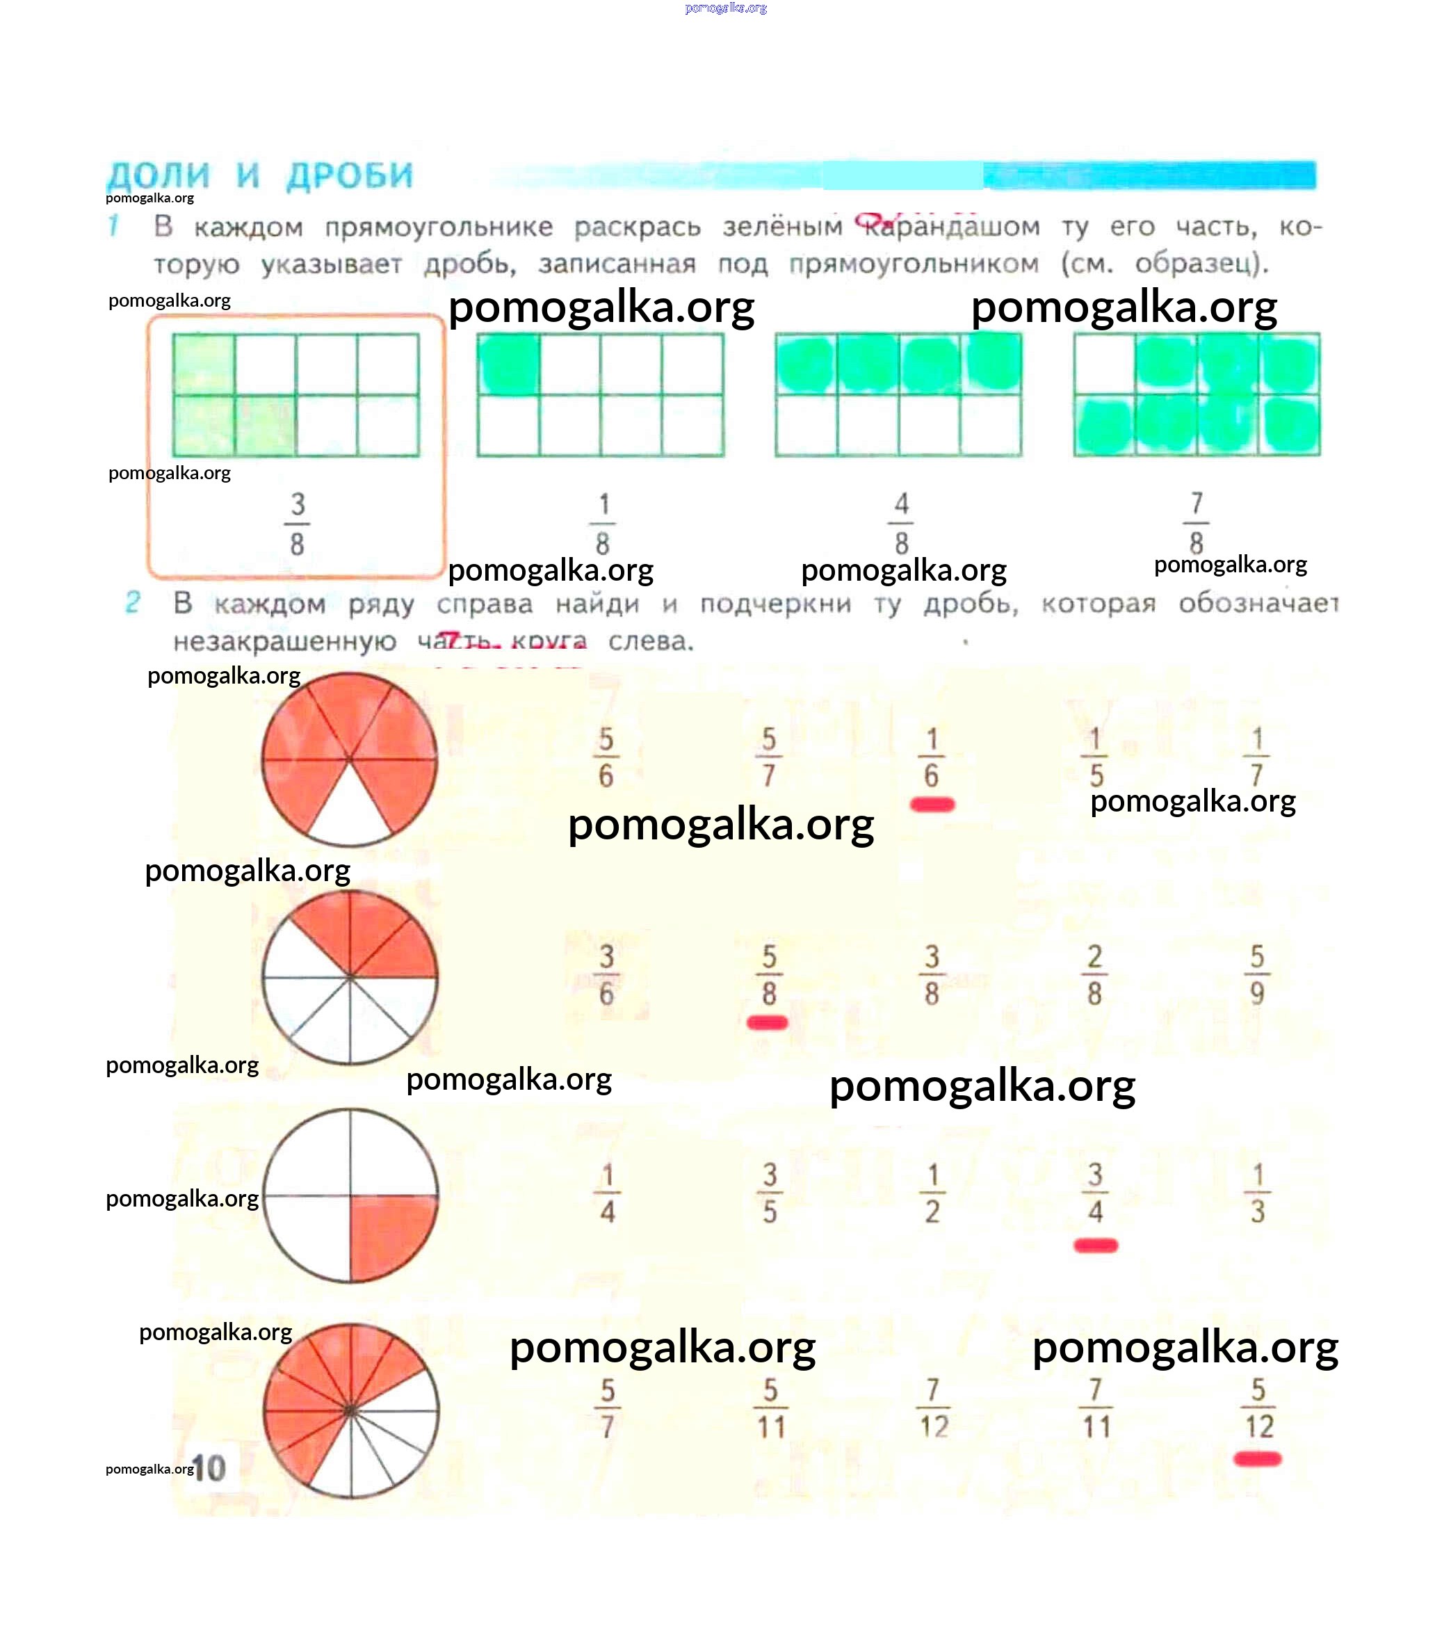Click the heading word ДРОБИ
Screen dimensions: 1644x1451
349,176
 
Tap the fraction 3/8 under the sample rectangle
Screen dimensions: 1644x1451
298,524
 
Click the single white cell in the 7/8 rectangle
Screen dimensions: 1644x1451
1104,364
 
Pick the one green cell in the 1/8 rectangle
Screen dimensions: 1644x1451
508,364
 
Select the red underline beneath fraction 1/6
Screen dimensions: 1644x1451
932,805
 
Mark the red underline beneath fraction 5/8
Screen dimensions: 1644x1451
768,1022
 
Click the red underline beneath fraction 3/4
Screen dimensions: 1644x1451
1096,1245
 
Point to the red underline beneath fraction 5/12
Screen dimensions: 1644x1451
1257,1458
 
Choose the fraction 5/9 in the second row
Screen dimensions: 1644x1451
1257,975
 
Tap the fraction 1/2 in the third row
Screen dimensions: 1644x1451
932,1193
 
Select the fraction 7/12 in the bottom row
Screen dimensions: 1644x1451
933,1408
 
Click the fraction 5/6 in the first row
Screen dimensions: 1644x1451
606,757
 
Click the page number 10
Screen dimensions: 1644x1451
209,1468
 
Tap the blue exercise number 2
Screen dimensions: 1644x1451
133,602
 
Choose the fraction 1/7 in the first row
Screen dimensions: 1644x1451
1257,757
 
